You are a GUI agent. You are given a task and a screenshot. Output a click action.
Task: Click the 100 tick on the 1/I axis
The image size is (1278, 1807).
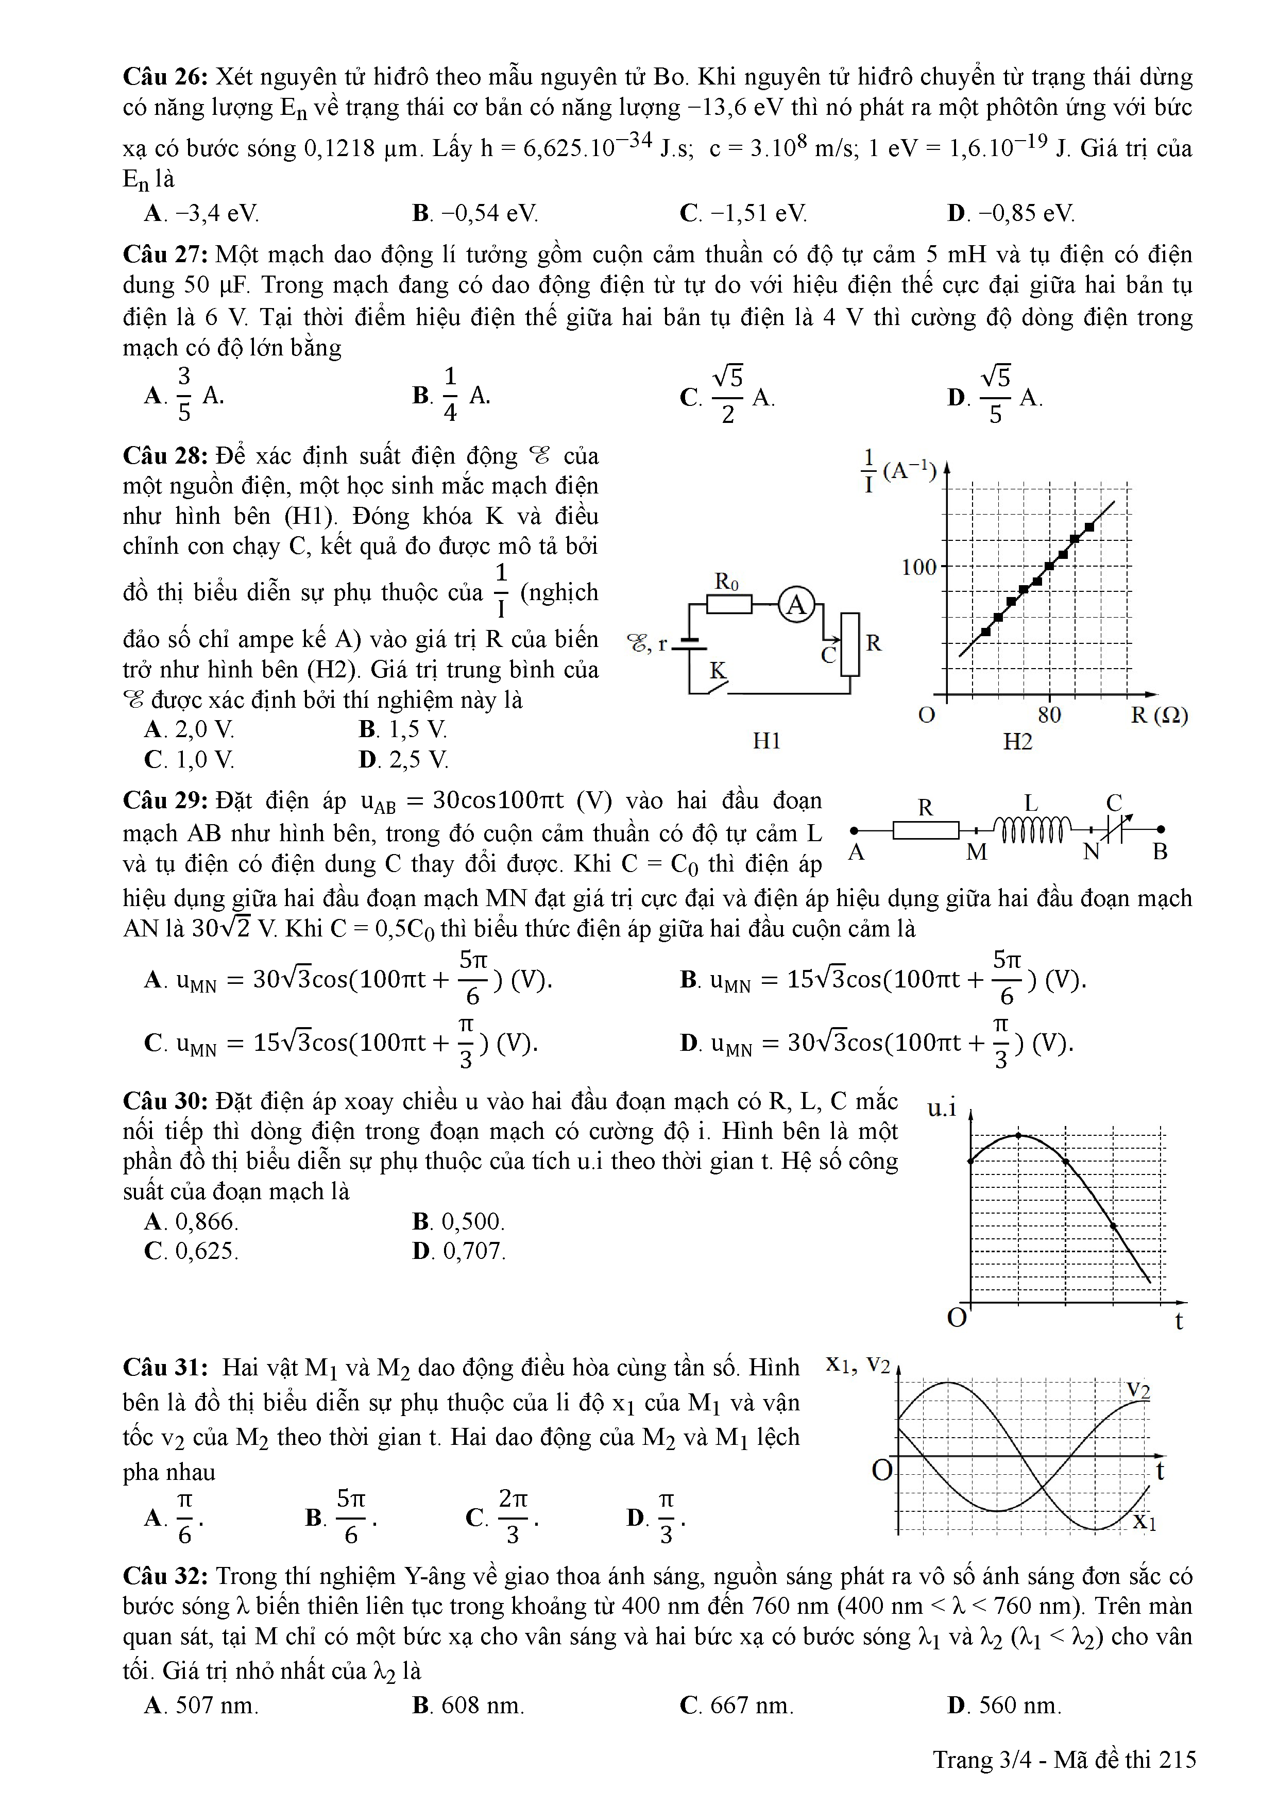(919, 567)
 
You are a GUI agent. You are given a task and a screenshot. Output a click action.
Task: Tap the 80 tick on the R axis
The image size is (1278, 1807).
(1049, 714)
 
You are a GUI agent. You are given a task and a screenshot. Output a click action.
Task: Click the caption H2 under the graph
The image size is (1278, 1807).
(1017, 741)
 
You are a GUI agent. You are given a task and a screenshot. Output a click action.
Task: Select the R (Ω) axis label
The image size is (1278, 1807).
(1158, 715)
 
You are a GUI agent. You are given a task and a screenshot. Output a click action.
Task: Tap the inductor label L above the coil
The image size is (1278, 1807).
(1030, 804)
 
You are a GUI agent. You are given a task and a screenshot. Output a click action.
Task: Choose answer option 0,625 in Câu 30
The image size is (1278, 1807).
(192, 1251)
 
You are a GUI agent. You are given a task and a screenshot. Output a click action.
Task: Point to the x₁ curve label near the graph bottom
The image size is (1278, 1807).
(1144, 1522)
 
